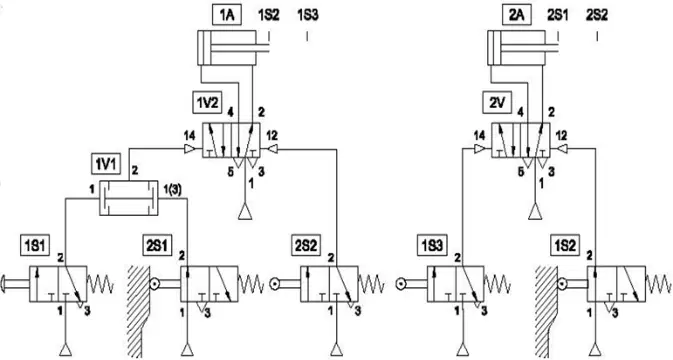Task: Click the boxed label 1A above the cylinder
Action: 227,15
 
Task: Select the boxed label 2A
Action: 517,15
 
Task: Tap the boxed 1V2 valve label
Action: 208,103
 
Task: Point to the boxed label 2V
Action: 497,103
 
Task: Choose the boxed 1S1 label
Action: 36,246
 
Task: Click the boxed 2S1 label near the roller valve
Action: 157,246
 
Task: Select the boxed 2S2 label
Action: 306,246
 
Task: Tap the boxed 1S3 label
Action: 432,246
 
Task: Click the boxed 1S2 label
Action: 565,246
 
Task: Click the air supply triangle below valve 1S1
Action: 65,350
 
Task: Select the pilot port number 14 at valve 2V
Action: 479,136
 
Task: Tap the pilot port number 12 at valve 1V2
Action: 272,136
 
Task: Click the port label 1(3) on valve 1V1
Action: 174,189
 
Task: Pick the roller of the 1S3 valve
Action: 402,284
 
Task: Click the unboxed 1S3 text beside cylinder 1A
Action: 308,15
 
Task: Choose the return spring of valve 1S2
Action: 658,284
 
